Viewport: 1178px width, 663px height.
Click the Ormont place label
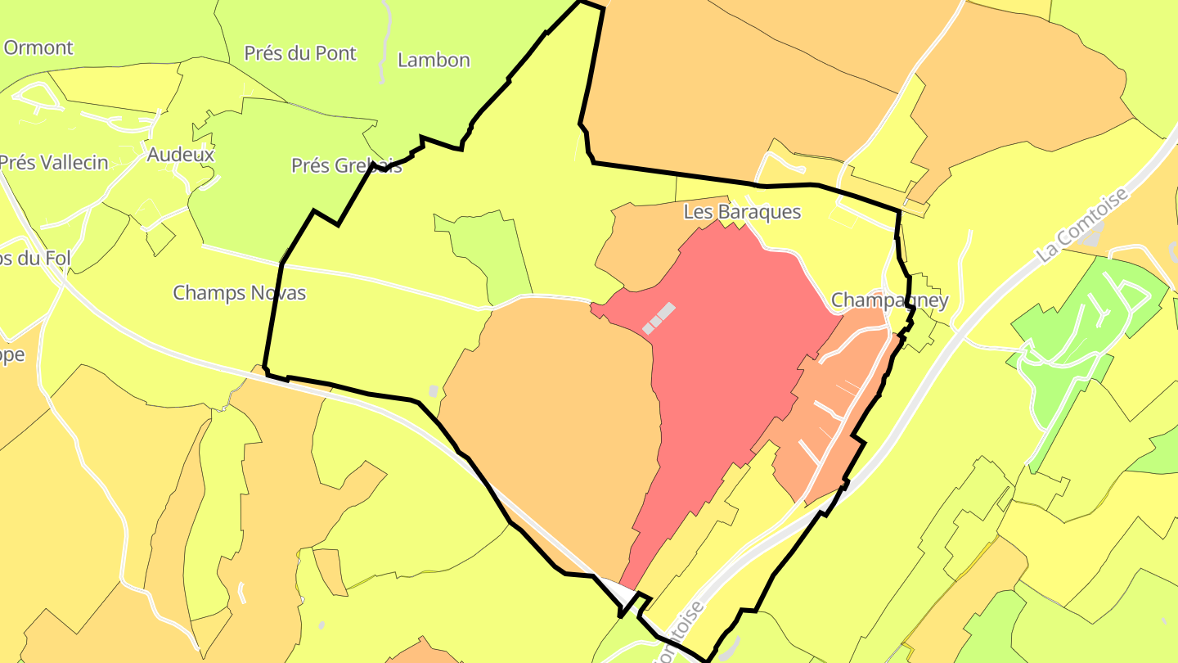point(38,47)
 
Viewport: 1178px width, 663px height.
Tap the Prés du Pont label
point(300,53)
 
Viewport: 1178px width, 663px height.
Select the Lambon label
point(434,60)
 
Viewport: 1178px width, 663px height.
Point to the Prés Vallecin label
point(54,162)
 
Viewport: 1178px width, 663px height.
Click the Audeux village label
point(181,154)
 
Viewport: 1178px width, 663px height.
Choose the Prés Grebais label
point(346,165)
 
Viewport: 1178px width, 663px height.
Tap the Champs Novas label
point(239,292)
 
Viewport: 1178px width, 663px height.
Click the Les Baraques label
point(742,212)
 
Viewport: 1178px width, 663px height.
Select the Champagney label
point(889,300)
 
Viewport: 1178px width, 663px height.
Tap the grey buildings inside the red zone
point(659,318)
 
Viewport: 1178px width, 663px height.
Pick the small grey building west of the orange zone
point(434,391)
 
